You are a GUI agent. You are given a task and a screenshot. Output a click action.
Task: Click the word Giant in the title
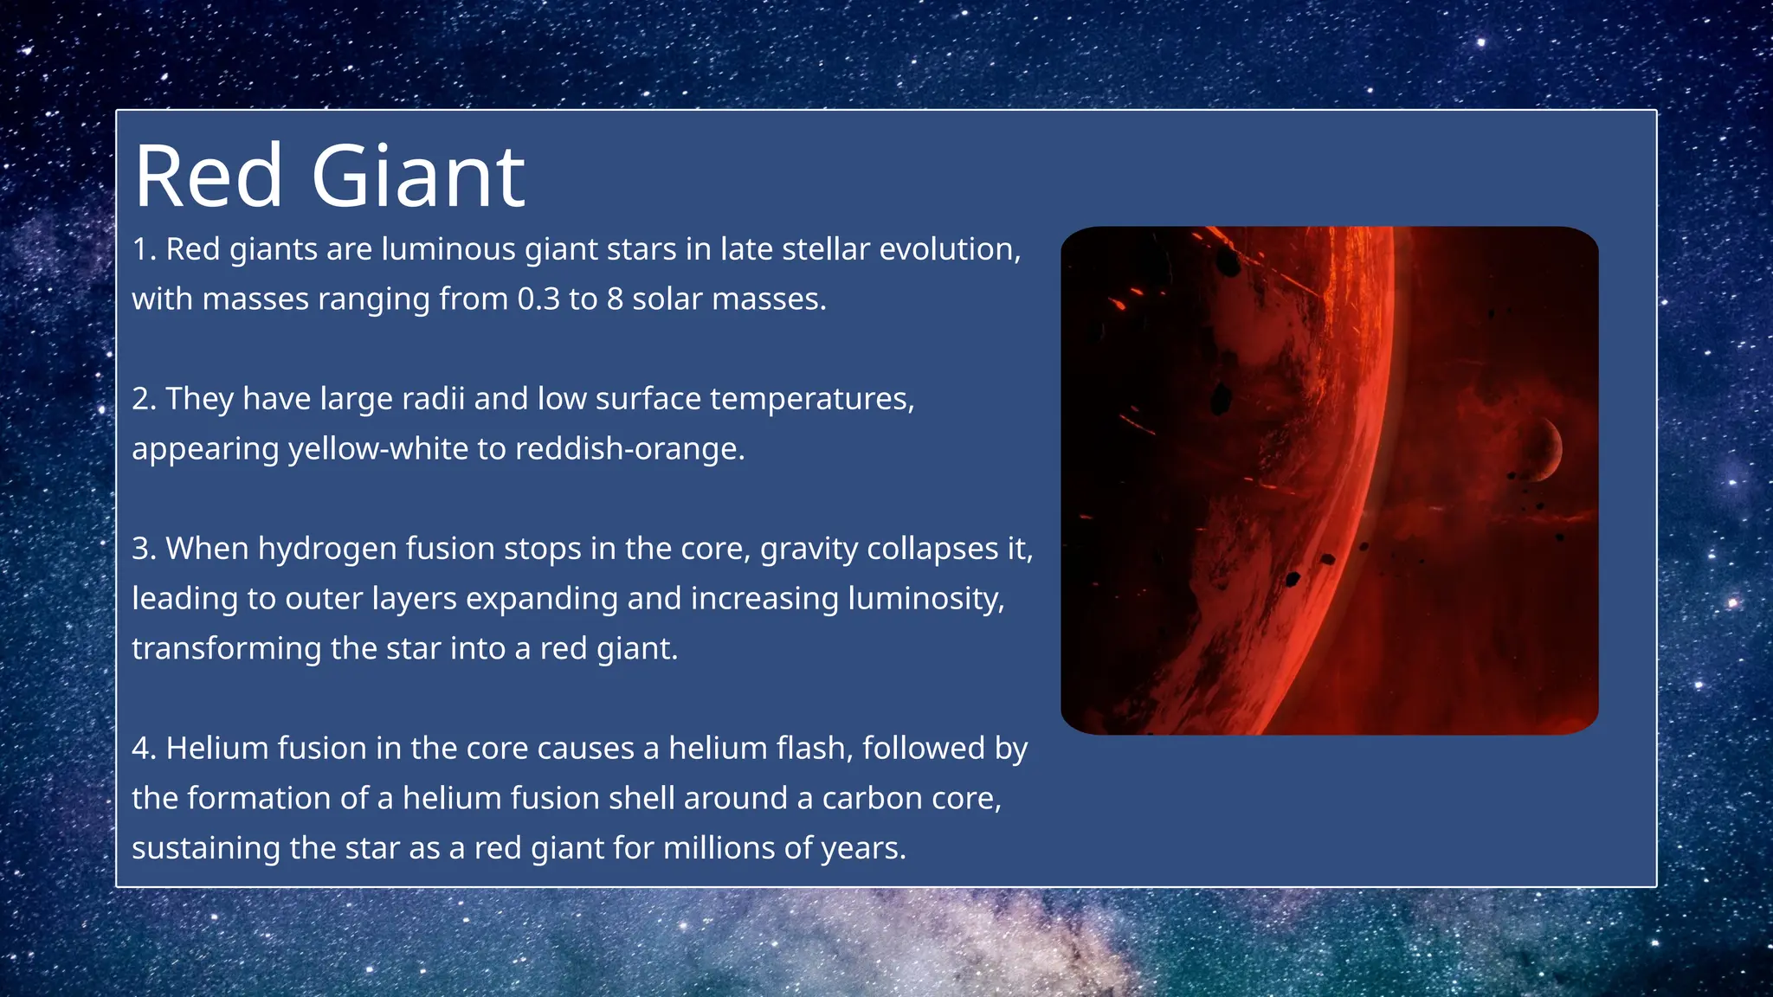[417, 177]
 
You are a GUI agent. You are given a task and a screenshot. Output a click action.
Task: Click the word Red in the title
[209, 177]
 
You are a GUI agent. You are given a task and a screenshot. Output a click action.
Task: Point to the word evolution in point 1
[950, 249]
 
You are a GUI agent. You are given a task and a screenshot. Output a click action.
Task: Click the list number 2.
[143, 399]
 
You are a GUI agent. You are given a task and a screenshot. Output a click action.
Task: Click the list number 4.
[143, 749]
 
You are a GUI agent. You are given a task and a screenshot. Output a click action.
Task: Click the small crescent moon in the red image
[1546, 448]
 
